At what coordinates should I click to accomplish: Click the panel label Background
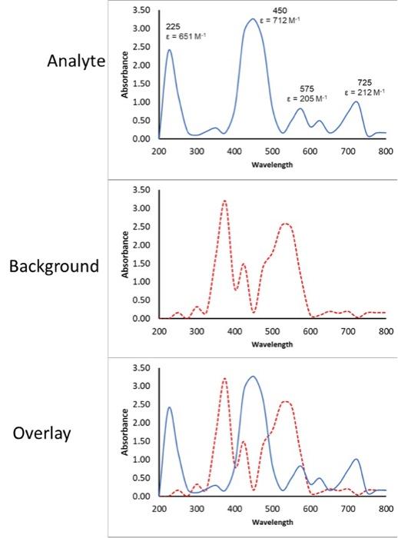[55, 267]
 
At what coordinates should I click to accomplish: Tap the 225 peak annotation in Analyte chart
[173, 26]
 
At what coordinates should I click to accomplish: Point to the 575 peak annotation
[307, 88]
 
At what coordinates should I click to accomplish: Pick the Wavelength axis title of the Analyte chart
[272, 164]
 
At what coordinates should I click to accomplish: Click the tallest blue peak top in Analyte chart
[253, 19]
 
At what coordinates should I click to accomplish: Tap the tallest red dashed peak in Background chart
[224, 201]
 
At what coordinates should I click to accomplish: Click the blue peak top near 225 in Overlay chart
[169, 407]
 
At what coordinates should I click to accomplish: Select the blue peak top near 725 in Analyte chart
[356, 101]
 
